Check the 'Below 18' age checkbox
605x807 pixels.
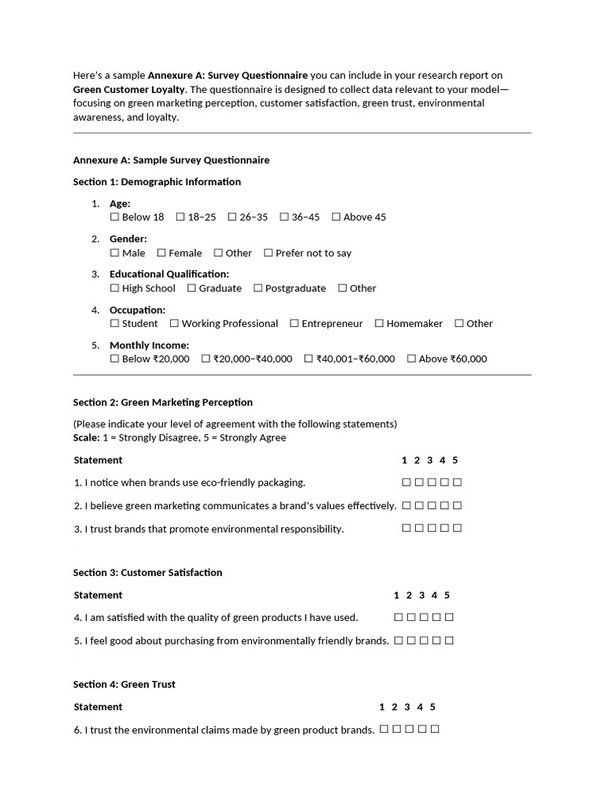pyautogui.click(x=115, y=217)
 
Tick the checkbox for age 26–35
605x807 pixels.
pyautogui.click(x=232, y=217)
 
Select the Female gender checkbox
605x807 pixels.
pyautogui.click(x=161, y=253)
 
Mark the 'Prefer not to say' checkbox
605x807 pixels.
pyautogui.click(x=269, y=253)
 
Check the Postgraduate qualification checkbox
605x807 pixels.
pyautogui.click(x=258, y=288)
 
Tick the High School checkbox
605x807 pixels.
pyautogui.click(x=115, y=288)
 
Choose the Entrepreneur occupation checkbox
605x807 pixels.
pyautogui.click(x=295, y=323)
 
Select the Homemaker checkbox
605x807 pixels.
pyautogui.click(x=380, y=323)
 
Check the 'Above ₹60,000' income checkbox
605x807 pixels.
pyautogui.click(x=412, y=359)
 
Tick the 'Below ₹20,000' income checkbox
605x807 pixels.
pyautogui.click(x=115, y=359)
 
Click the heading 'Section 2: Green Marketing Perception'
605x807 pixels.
pyautogui.click(x=163, y=402)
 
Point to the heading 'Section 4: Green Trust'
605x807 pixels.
pyautogui.click(x=124, y=684)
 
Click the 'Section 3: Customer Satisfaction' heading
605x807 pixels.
pyautogui.click(x=148, y=572)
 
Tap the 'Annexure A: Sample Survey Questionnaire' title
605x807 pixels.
pyautogui.click(x=172, y=160)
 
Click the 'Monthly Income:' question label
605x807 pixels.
pyautogui.click(x=150, y=345)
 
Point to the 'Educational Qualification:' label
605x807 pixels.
pyautogui.click(x=169, y=274)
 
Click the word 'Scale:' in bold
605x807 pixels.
pyautogui.click(x=87, y=437)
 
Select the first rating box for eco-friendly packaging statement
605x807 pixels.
pyautogui.click(x=406, y=482)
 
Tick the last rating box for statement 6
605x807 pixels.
pyautogui.click(x=436, y=730)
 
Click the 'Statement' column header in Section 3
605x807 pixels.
pyautogui.click(x=98, y=595)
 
